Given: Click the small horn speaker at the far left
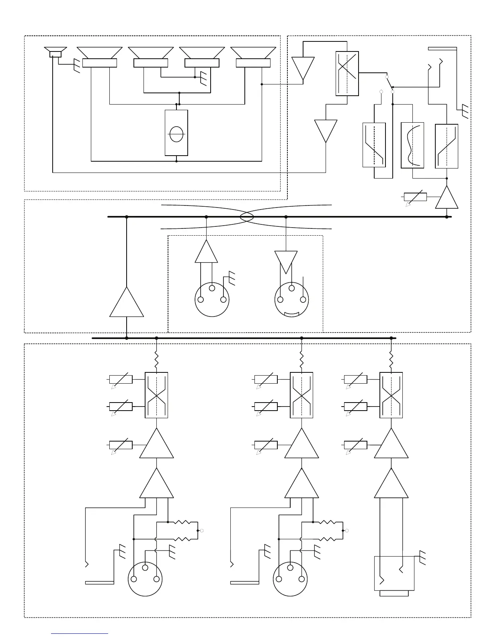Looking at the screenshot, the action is tap(55, 53).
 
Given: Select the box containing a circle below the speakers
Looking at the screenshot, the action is tap(176, 133).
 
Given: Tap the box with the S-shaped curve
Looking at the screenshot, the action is tap(412, 145).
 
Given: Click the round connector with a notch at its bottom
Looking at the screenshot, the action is tap(292, 300).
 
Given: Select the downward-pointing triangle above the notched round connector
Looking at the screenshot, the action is tap(286, 261).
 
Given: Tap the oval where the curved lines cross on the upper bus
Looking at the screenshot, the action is tap(246, 217).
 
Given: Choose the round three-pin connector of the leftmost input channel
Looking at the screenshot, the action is tap(145, 579).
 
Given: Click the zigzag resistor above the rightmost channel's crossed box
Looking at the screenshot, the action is tap(391, 360).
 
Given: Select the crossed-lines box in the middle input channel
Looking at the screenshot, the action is tap(301, 395).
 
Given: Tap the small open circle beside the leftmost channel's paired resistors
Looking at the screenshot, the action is tap(202, 531).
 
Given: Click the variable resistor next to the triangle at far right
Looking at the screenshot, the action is tap(415, 197).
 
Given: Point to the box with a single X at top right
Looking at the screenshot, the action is tap(347, 74).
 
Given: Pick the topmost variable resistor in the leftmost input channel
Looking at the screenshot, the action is tap(121, 379).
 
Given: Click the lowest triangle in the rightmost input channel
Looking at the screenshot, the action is tap(391, 484).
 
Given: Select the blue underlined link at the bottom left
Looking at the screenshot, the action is tap(80, 633).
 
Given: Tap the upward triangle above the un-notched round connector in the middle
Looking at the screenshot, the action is tap(206, 252).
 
